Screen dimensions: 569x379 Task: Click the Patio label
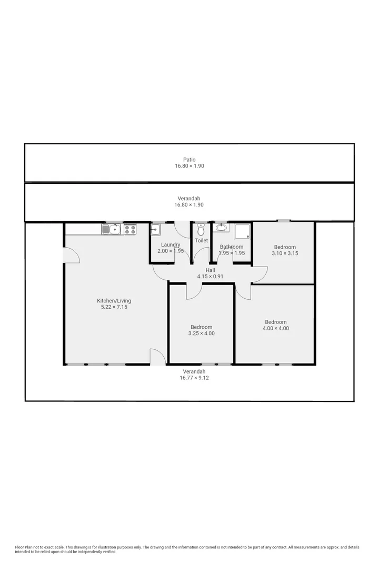(x=189, y=160)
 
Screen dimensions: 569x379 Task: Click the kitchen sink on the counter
(x=112, y=229)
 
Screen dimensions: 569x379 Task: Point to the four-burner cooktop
(x=130, y=229)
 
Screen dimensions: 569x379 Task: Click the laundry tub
(x=156, y=229)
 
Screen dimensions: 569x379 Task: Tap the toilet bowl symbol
(x=201, y=230)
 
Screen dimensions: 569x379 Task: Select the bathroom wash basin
(x=221, y=228)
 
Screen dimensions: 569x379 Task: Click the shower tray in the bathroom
(x=243, y=231)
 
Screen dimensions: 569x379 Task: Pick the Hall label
(x=210, y=270)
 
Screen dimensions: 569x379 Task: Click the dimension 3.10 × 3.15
(x=285, y=253)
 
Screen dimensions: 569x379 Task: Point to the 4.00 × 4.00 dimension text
(x=276, y=329)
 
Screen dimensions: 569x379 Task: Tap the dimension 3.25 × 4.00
(x=202, y=333)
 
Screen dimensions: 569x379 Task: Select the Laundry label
(x=171, y=245)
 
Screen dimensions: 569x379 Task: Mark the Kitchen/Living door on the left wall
(x=71, y=255)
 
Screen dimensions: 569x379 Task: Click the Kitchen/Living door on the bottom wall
(x=157, y=357)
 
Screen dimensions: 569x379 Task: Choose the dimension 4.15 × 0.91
(x=210, y=277)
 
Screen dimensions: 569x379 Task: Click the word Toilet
(x=201, y=241)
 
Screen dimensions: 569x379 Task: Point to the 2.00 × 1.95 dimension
(x=171, y=251)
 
